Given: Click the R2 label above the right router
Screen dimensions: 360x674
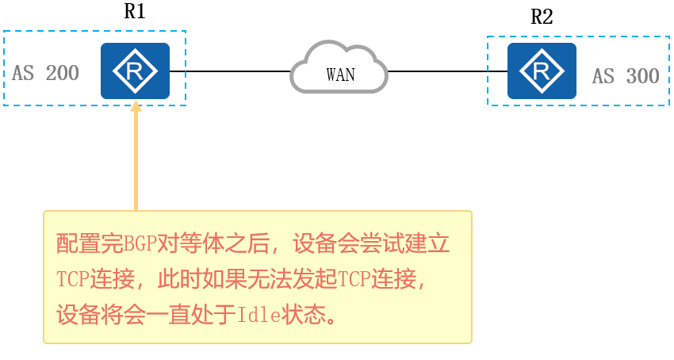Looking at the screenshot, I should tap(542, 17).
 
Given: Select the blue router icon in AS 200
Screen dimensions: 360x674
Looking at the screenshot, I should tap(135, 71).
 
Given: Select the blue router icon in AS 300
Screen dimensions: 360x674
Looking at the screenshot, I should tap(542, 71).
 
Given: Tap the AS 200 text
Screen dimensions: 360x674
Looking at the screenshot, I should tap(46, 73).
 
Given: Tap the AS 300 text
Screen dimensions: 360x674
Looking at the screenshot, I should tap(626, 76).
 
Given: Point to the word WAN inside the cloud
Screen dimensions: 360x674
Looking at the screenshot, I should tap(340, 75).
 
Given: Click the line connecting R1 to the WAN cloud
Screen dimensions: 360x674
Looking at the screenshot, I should tap(230, 71).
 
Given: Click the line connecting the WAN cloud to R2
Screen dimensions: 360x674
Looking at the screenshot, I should tap(448, 71).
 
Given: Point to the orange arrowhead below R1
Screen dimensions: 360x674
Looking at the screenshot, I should tap(136, 105).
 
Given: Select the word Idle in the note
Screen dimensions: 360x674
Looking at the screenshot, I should tap(258, 315).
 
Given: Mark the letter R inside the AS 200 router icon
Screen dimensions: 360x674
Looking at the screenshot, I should tap(136, 71).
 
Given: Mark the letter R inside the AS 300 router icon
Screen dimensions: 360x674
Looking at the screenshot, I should tap(542, 71).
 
